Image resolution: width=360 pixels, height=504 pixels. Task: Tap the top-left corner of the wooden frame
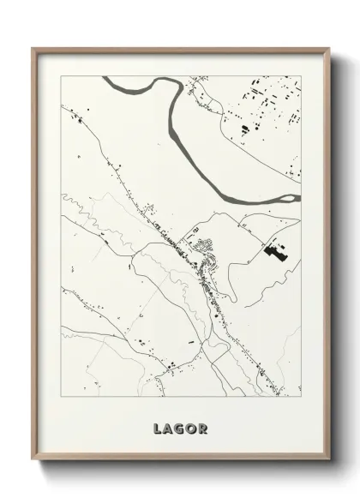33,48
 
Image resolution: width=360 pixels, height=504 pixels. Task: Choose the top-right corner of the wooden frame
330,48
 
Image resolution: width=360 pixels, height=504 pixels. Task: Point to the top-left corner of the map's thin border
61,76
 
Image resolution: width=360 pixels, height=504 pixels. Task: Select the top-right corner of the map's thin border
301,76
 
